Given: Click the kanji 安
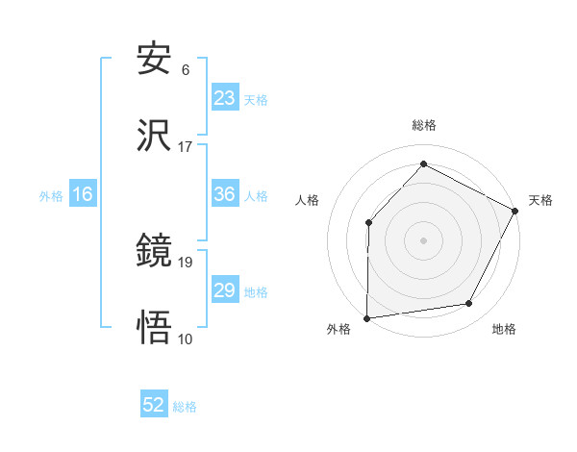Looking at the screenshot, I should coord(155,60).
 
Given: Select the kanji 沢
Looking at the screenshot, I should coord(155,137).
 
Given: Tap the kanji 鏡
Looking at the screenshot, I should coord(155,251).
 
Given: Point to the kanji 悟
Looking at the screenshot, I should coord(155,328).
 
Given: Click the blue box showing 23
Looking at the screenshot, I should coord(225,98).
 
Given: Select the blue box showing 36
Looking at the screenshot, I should coord(225,194).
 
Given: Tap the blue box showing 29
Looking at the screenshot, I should coord(225,290).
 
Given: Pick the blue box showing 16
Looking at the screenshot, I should coord(83,194).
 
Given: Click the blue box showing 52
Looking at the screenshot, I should coord(154,406).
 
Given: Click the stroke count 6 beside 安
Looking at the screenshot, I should coord(186,70).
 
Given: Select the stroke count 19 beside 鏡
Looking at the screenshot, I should coord(186,262).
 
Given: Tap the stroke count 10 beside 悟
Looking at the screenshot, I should coord(186,339).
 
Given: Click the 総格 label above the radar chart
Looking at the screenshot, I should coord(424,125).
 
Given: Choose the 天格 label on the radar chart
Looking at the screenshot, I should coord(540,200).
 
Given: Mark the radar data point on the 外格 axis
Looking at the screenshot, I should coord(367,317).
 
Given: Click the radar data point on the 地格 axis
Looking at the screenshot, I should coord(469,304).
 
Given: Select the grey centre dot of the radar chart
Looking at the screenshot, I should coord(424,239).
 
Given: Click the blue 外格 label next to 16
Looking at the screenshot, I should coord(51,195).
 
